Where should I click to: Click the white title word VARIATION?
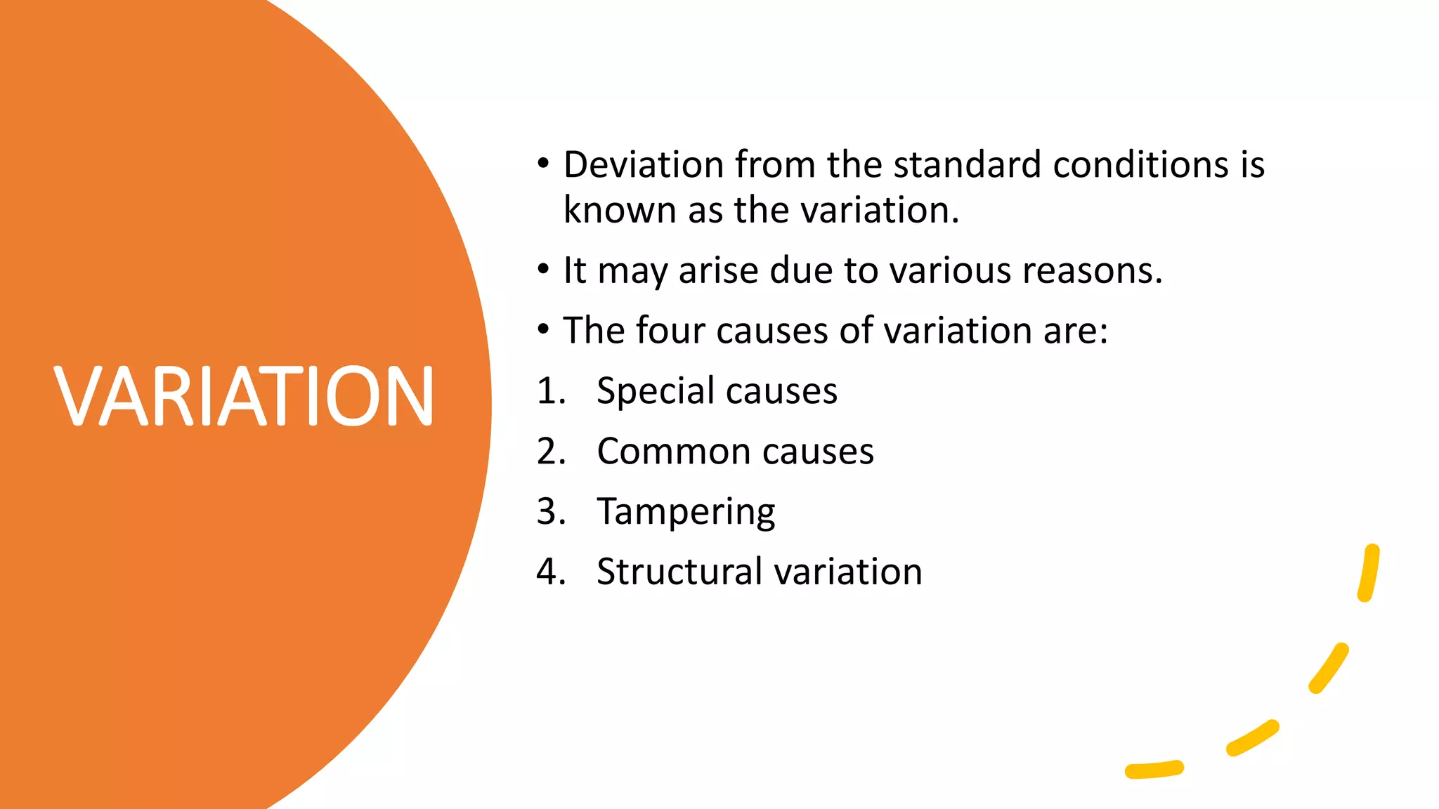click(x=243, y=396)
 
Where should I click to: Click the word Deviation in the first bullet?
click(x=644, y=165)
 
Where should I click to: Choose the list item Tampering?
click(x=686, y=512)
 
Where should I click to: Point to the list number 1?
click(x=550, y=391)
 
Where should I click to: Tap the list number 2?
click(x=550, y=452)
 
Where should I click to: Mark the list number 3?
click(x=550, y=512)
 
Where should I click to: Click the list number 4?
click(x=550, y=572)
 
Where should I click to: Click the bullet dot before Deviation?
click(x=542, y=164)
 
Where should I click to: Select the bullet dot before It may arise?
click(x=542, y=270)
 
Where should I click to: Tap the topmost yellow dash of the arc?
click(x=1369, y=572)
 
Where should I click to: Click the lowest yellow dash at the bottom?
click(x=1154, y=770)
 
